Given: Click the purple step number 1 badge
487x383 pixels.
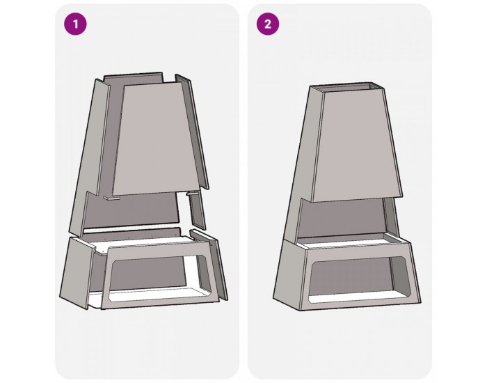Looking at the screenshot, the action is pos(75,24).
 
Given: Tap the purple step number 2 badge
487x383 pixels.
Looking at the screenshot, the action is pos(268,24).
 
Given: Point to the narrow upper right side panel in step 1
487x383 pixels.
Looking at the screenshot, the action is pos(191,131).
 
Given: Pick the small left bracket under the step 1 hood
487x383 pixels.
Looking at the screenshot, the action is pos(112,198).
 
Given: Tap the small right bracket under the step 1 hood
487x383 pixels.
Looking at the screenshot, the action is pos(192,193).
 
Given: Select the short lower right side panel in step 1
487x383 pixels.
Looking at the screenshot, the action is pos(197,212).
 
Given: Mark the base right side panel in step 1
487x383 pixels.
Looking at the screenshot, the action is pos(209,264).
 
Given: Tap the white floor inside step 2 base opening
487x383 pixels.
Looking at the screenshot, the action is pos(357,298).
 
